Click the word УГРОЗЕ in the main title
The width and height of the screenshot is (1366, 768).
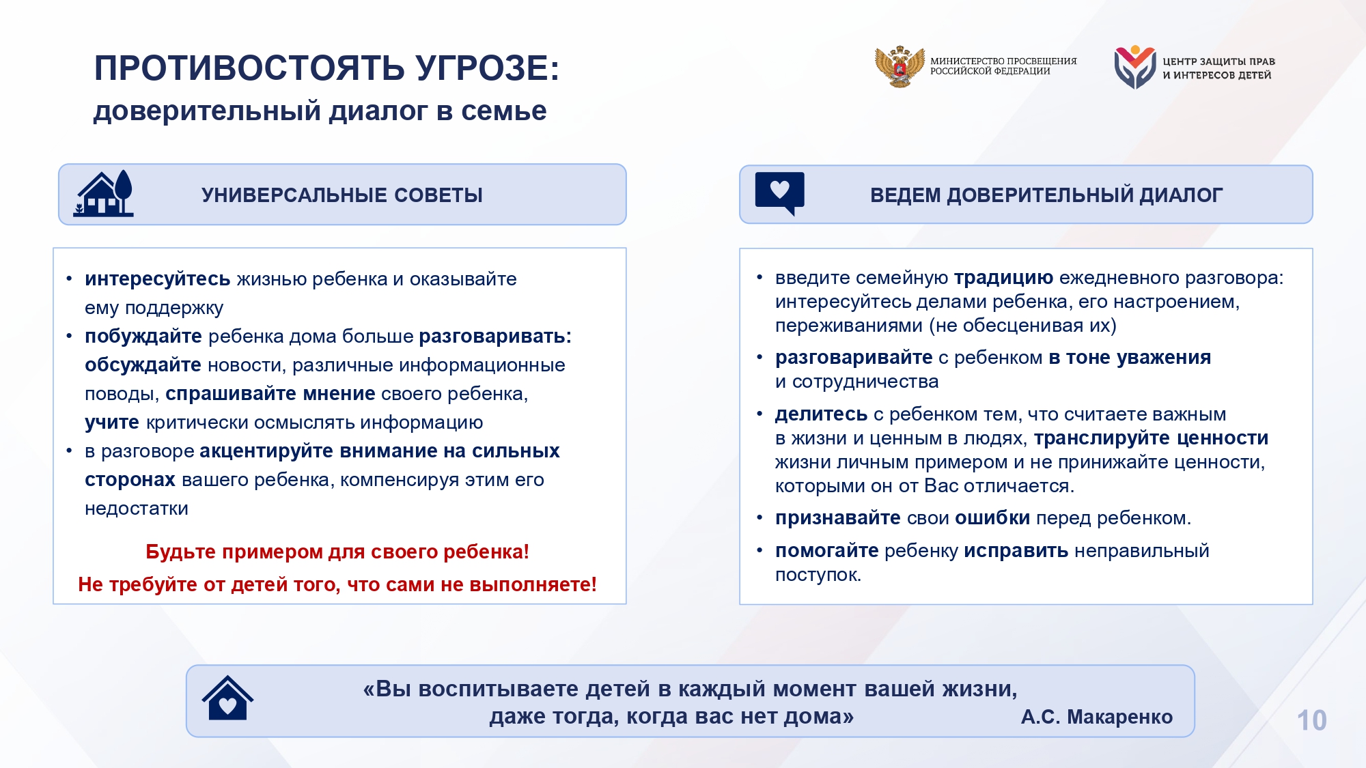click(487, 68)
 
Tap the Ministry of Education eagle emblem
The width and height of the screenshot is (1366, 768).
click(900, 66)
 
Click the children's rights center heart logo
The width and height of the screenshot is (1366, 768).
click(1134, 67)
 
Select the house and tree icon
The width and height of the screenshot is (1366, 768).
click(103, 193)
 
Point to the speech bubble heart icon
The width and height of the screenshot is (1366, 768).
click(779, 193)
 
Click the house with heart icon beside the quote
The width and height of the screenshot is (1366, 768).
click(227, 698)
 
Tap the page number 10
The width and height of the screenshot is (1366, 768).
click(1311, 720)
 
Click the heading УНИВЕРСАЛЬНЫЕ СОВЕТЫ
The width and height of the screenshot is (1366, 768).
click(342, 195)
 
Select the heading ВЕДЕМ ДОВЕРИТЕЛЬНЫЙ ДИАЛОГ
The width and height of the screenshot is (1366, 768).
click(1046, 195)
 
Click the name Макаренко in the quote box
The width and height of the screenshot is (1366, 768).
click(1119, 717)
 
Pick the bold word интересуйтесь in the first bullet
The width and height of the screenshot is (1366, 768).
click(158, 279)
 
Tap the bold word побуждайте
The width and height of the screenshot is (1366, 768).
click(143, 337)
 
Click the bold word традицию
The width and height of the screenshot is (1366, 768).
click(1003, 278)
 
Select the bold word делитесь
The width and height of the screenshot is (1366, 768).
click(821, 414)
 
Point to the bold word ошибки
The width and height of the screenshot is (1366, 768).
click(992, 518)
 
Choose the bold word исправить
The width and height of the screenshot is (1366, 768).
click(1016, 551)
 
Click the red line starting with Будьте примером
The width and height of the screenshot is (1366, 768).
click(337, 552)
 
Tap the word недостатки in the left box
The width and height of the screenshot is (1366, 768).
click(137, 509)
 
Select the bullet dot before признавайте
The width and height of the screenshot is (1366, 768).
click(759, 519)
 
